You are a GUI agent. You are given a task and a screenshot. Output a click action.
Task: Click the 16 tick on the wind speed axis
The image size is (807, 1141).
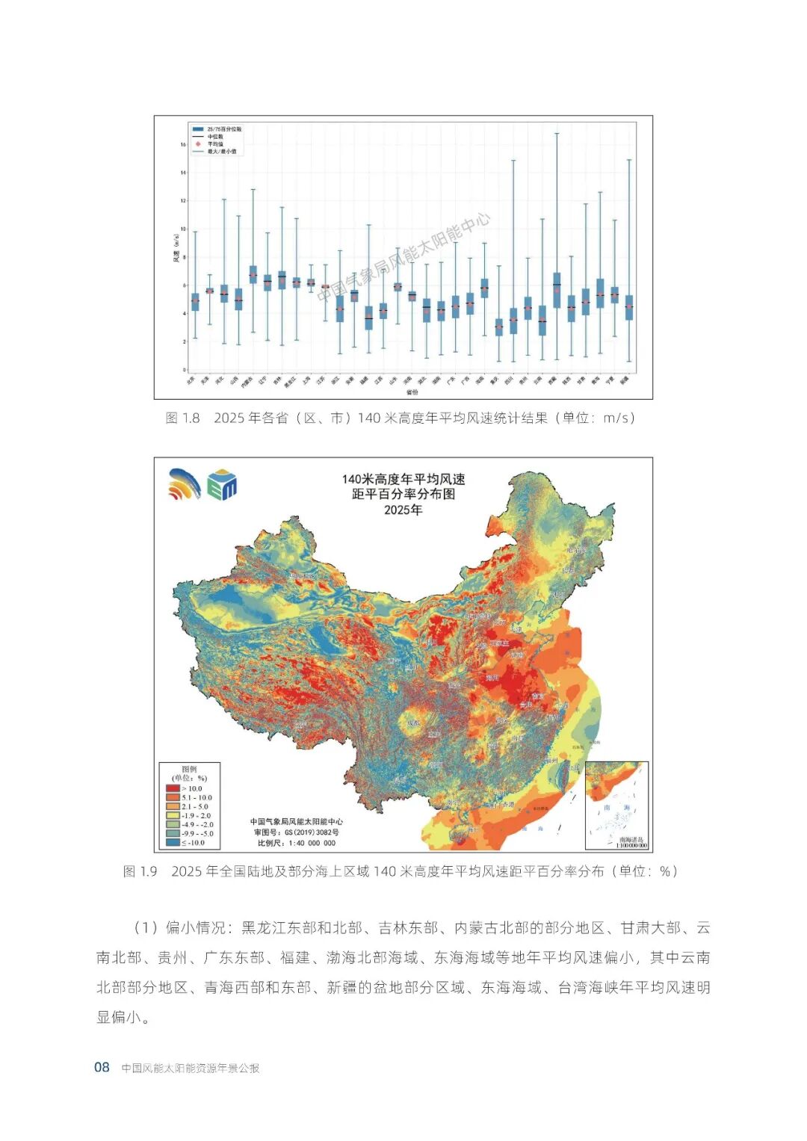click(182, 144)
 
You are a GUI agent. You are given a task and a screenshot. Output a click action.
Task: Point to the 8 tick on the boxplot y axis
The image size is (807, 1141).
click(183, 257)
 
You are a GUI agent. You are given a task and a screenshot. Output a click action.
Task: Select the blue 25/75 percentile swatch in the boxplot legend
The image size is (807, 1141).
click(198, 129)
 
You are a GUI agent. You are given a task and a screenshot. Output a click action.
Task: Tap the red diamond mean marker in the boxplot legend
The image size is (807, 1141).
click(198, 143)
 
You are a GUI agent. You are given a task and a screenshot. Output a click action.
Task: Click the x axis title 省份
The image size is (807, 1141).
click(412, 392)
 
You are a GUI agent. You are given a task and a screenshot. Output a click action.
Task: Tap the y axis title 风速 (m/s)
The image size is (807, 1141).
click(176, 249)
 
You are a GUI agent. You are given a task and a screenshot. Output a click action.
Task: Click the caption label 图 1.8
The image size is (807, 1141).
click(182, 418)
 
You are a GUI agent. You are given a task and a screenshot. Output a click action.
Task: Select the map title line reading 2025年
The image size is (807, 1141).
click(403, 510)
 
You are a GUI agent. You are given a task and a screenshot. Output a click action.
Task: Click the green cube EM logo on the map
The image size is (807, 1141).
click(222, 484)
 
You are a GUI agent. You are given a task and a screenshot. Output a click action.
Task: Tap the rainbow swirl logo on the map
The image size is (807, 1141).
click(185, 484)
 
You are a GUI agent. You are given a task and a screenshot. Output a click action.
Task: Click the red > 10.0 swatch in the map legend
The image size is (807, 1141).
click(173, 788)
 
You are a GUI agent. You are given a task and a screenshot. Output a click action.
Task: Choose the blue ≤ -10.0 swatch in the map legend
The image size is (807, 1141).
click(173, 842)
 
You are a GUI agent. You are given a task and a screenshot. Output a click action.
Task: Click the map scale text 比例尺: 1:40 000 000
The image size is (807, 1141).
click(297, 843)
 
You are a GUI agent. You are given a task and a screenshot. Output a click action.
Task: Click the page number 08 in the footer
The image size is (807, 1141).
click(102, 1067)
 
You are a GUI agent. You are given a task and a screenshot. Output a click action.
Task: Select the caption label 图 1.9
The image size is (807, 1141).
click(140, 871)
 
